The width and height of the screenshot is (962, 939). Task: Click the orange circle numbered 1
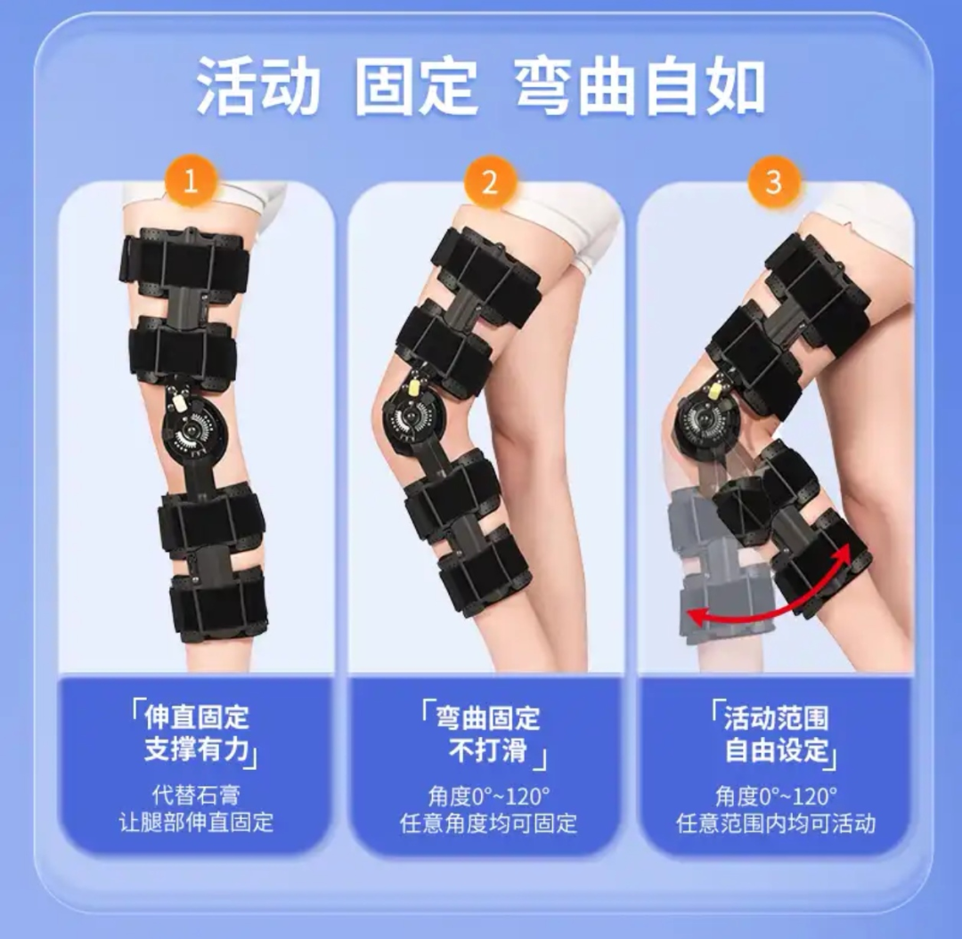coord(189,182)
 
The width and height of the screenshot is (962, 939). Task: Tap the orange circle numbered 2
coord(489,182)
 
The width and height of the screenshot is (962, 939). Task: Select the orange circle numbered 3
coord(773,182)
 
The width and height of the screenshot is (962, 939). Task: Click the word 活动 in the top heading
coord(257,86)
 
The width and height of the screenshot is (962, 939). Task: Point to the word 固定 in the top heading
coord(417,86)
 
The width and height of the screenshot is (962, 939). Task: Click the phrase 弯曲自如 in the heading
coord(640,86)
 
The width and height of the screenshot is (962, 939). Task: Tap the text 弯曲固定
coord(488,716)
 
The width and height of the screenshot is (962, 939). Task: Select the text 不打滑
coord(487,749)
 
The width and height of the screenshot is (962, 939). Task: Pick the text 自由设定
coord(776,749)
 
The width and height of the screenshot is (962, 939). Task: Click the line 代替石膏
coord(196,794)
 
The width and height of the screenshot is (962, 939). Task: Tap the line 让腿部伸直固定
coord(196,822)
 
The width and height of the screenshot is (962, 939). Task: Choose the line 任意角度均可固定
coord(488,822)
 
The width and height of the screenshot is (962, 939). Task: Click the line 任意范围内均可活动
coord(776,822)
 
